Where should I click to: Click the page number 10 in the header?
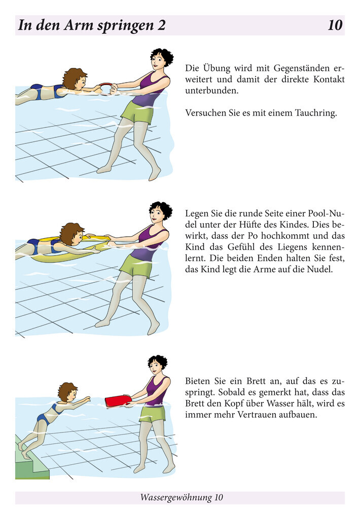click(x=335, y=25)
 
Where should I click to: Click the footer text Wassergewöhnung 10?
click(x=181, y=498)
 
